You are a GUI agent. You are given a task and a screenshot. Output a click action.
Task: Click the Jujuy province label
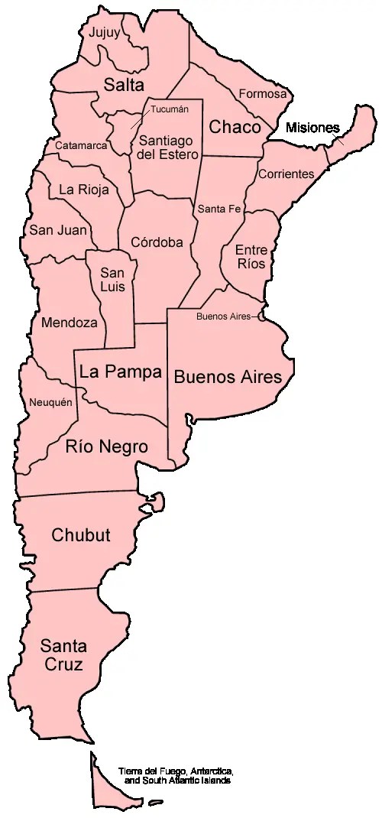pos(105,33)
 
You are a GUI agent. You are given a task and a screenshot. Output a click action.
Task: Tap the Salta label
pos(125,84)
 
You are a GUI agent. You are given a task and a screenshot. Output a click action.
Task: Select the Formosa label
pos(263,94)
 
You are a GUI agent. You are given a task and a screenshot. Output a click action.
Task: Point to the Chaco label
pos(235,126)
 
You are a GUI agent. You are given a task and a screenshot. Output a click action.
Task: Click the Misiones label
pos(312,128)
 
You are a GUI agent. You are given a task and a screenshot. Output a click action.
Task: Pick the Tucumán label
pos(169,109)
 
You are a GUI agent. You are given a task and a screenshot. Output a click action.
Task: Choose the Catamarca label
pos(80,144)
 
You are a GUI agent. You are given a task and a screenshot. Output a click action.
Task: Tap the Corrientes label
pos(286,174)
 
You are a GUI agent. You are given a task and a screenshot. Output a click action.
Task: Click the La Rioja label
pos(83,190)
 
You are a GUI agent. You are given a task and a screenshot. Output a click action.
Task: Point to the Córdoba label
pos(157,242)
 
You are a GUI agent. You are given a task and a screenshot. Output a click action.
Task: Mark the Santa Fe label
pos(219,208)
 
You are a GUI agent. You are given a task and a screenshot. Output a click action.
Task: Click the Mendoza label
pos(70,322)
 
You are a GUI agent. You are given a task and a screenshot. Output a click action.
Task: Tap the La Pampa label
pos(120,372)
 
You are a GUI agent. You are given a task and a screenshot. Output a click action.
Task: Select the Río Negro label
pos(106,446)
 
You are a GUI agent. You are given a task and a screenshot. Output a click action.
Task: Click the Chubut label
pos(80,534)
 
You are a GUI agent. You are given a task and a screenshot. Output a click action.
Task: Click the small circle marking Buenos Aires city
pos(261,316)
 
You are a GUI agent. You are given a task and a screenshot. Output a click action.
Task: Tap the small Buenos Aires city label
pos(223,316)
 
